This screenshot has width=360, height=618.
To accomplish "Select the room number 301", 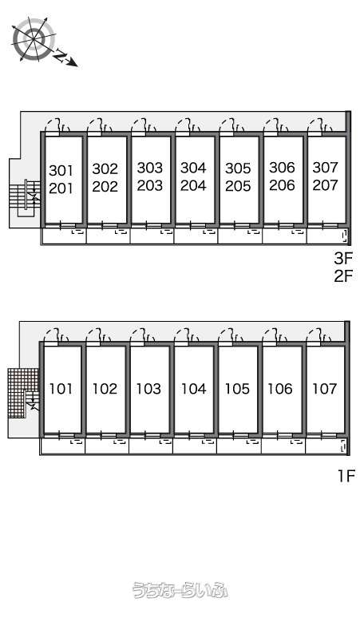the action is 61,171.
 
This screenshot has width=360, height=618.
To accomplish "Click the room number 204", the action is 193,185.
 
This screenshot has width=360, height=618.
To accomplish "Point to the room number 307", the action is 326,168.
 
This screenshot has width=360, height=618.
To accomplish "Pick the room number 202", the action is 105,186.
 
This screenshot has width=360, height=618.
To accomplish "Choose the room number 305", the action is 238,168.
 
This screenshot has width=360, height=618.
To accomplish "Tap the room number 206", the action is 282,185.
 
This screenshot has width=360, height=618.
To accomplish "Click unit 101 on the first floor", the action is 61,389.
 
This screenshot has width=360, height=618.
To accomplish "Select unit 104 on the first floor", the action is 193,389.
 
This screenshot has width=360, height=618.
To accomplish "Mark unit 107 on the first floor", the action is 325,389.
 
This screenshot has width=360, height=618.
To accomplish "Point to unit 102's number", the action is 105,389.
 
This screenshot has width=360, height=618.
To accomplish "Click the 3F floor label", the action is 343,259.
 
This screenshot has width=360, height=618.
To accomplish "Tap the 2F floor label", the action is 343,276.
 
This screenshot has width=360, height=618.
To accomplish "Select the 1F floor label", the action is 346,476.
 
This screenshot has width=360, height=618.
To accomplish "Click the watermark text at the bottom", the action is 180,590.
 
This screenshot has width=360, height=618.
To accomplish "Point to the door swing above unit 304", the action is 188,125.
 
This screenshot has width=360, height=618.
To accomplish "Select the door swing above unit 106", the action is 275,335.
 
